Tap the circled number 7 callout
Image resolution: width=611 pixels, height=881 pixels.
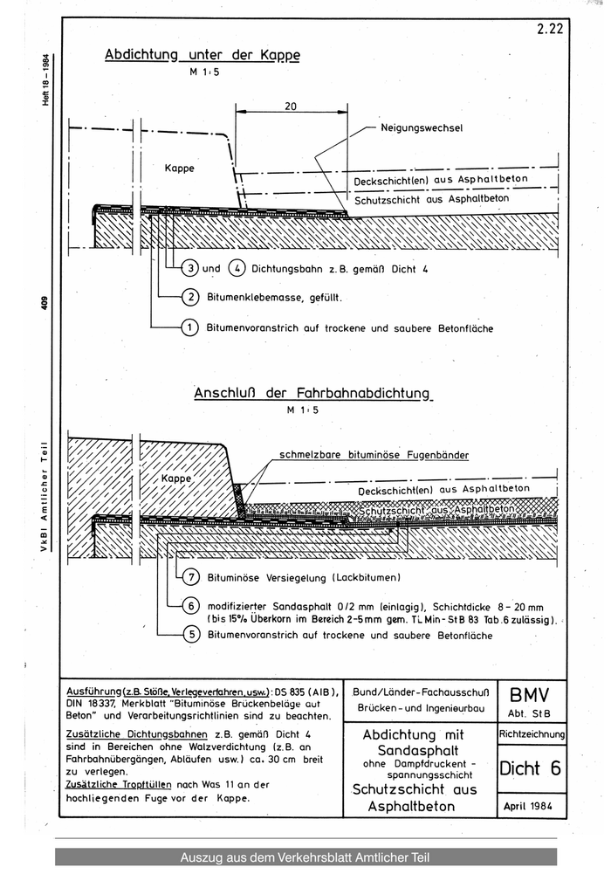192,577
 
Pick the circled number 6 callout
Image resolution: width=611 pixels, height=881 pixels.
192,606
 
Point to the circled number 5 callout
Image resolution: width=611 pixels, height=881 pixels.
192,635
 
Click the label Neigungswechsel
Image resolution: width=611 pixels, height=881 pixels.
421,127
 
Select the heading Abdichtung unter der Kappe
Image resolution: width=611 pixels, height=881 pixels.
202,55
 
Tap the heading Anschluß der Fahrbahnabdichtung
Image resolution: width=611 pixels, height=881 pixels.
312,394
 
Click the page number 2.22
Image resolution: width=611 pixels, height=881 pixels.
550,28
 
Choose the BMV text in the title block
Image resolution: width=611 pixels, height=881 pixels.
532,696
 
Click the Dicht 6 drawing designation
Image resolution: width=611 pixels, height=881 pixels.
531,768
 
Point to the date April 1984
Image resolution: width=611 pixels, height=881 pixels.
531,806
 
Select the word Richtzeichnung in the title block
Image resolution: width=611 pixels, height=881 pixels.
532,735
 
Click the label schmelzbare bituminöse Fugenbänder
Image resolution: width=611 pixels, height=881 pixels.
374,455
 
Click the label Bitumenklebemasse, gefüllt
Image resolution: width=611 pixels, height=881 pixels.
272,298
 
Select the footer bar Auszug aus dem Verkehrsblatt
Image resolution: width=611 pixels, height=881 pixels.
305,857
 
